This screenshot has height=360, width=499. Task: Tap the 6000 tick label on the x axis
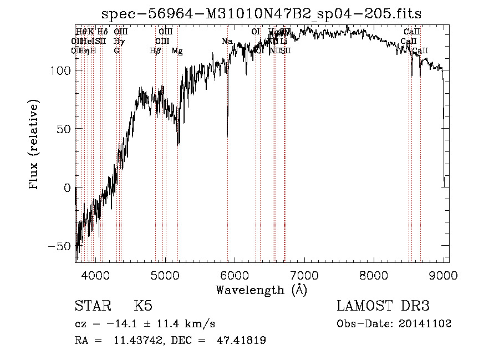tap(235, 274)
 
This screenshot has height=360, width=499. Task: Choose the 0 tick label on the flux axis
tap(67, 187)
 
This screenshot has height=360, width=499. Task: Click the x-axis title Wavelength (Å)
tap(261, 290)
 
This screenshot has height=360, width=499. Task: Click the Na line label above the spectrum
tap(227, 42)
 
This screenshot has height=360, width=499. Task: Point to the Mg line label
tap(177, 51)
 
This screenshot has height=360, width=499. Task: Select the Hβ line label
tap(155, 51)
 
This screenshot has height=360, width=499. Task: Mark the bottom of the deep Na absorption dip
tap(227, 135)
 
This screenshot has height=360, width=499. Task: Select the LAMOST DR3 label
tap(383, 306)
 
